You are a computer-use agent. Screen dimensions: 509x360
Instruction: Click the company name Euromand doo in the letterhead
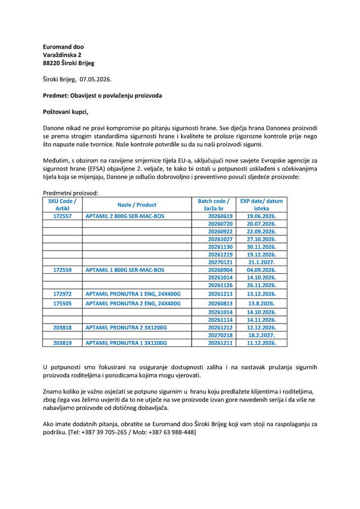point(63,46)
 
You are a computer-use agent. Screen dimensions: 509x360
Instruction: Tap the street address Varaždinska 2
point(62,55)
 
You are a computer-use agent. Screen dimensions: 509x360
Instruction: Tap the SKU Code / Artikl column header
point(62,204)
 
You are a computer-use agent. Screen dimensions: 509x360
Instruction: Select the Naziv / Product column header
point(137,205)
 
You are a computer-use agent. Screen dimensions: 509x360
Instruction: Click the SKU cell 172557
point(62,216)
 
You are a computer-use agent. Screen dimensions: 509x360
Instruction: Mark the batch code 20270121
point(220,262)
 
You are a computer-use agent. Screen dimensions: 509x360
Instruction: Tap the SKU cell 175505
point(62,303)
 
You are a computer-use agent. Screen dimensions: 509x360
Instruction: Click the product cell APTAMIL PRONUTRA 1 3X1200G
point(126,343)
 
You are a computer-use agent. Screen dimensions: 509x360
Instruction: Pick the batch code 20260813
point(220,303)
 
